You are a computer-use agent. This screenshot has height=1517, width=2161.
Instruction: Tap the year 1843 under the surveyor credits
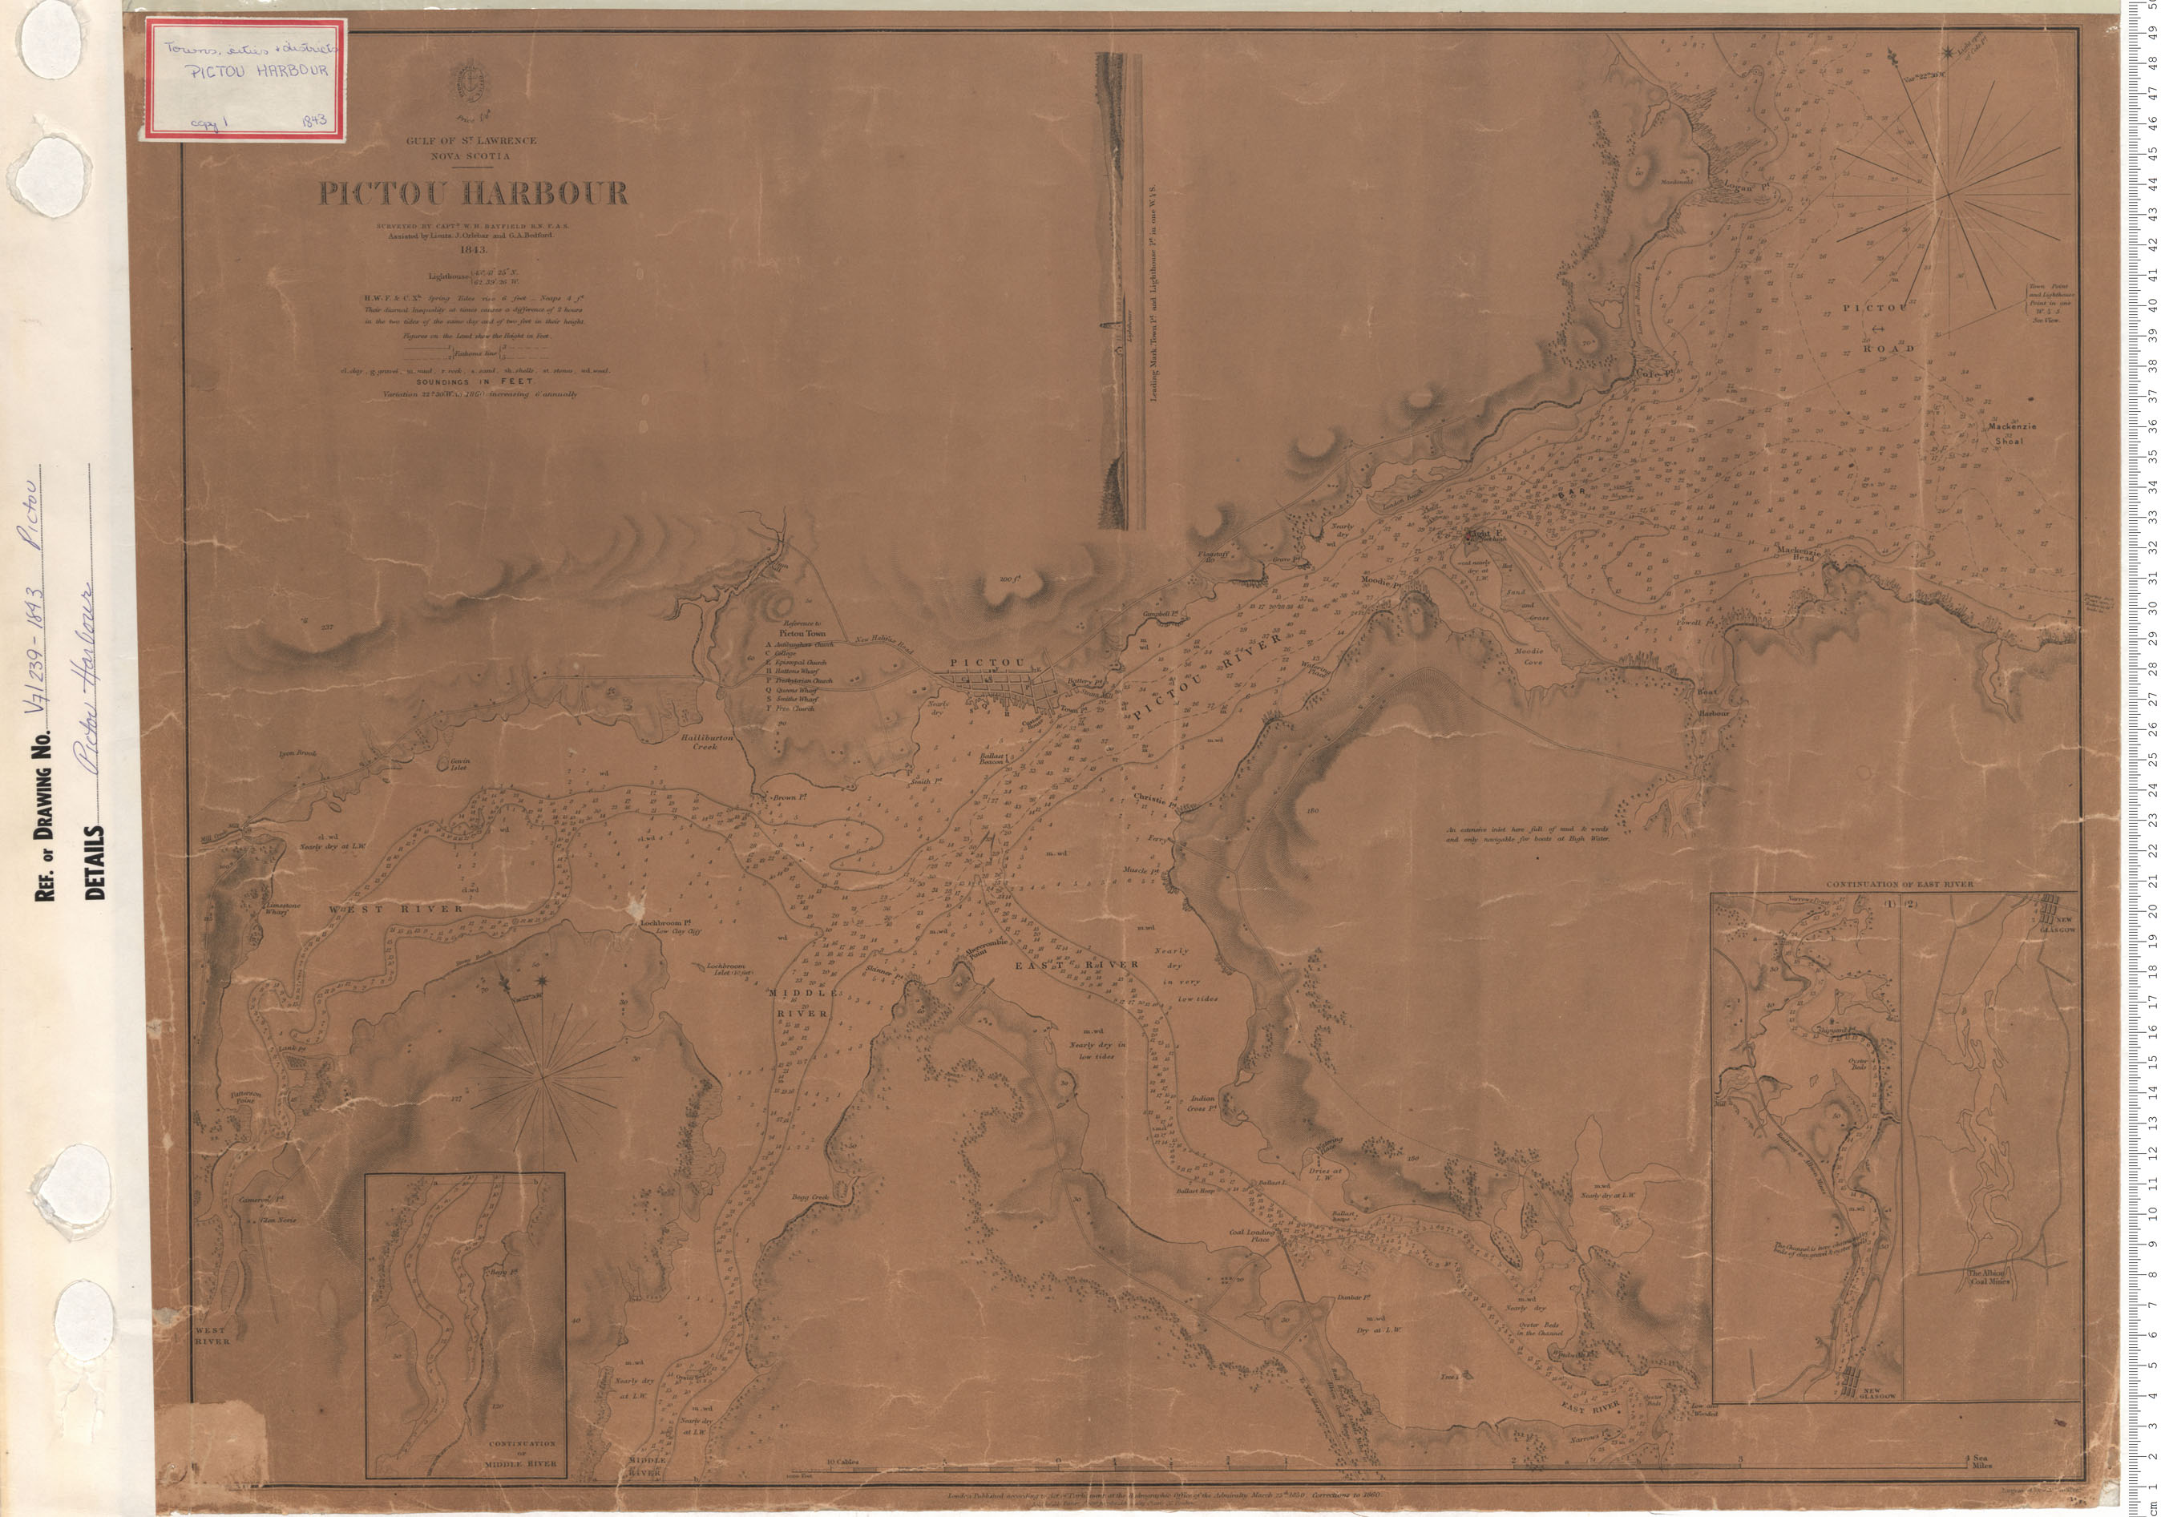point(474,252)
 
